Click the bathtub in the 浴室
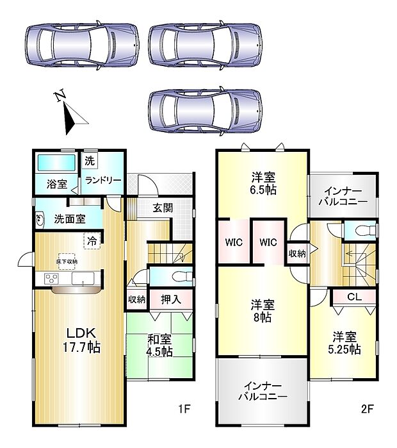click(56, 163)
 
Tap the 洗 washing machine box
click(90, 161)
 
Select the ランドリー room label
click(103, 181)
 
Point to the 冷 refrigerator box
click(92, 241)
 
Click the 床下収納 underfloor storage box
click(67, 261)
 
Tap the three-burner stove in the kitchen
click(51, 279)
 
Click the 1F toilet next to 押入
click(182, 277)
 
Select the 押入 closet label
click(171, 299)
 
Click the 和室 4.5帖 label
click(159, 345)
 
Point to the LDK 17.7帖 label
click(81, 340)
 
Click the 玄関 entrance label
click(163, 208)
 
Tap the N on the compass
click(60, 96)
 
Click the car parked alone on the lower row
click(205, 111)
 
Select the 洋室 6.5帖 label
click(263, 183)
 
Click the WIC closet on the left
click(234, 242)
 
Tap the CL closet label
click(355, 297)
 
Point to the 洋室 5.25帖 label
click(344, 343)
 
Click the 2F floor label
click(368, 410)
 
